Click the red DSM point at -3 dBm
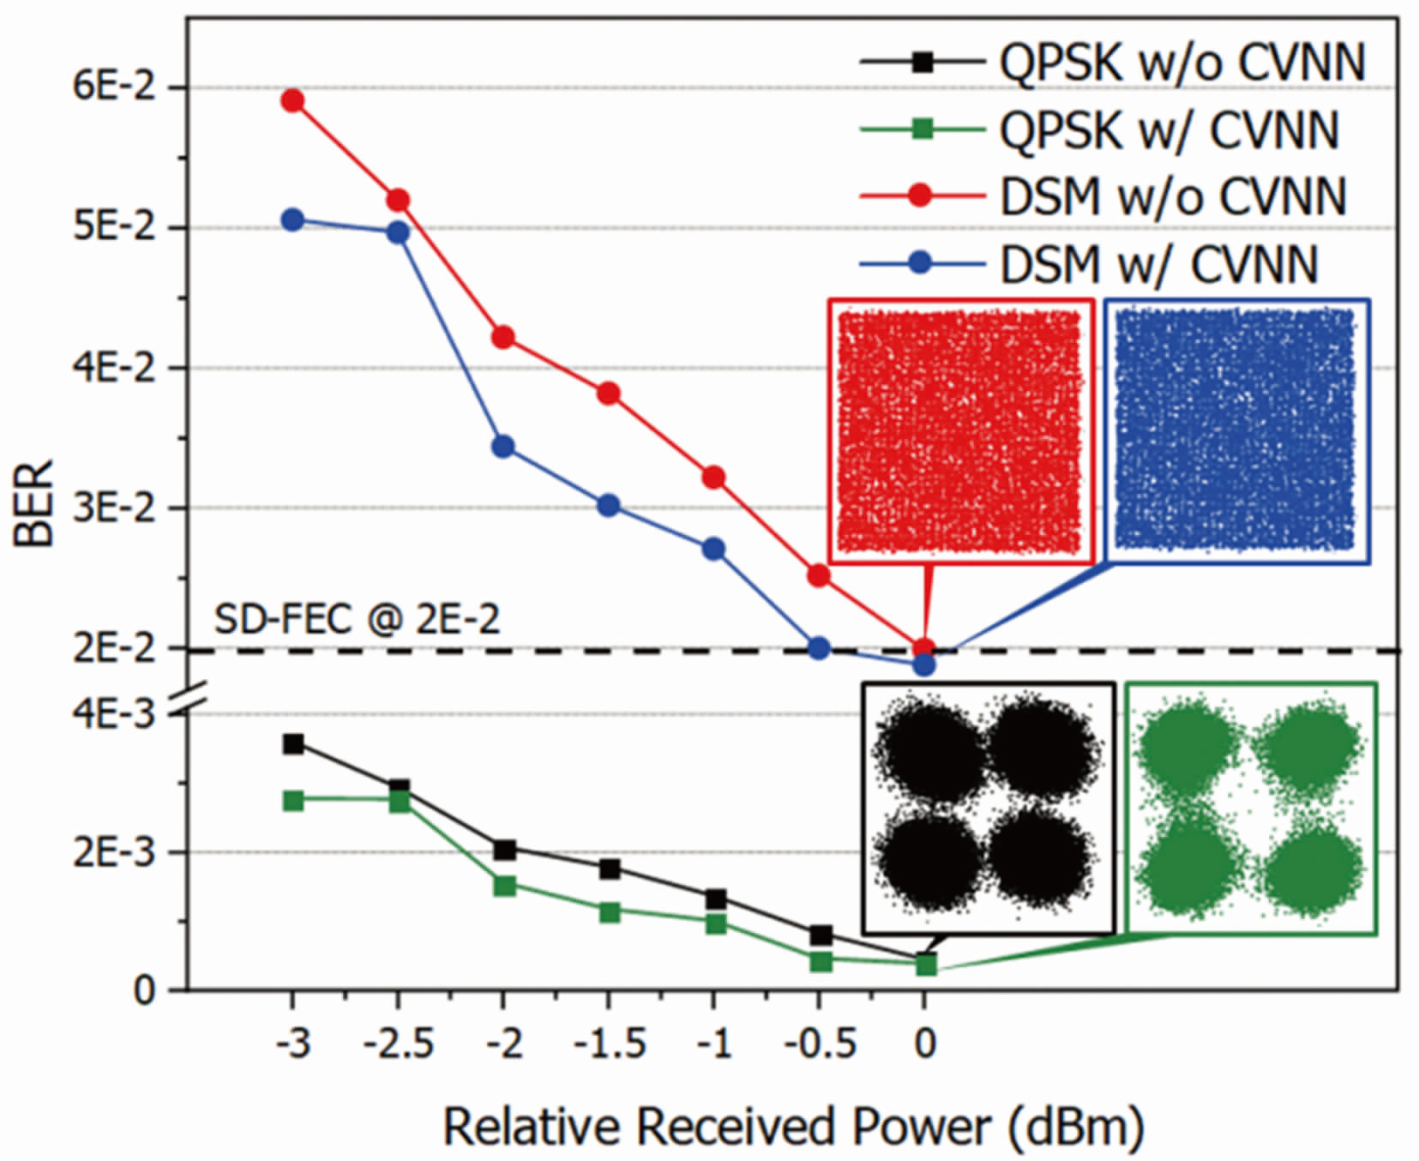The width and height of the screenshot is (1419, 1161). coord(293,101)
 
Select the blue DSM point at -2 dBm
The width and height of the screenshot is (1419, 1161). coord(503,447)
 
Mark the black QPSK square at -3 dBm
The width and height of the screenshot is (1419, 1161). coord(293,744)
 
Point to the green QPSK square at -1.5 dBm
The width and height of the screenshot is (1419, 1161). coord(610,911)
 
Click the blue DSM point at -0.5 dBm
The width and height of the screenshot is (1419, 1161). coord(819,648)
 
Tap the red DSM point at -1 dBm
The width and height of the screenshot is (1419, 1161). coord(713,478)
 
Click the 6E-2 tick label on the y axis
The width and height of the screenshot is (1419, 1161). coord(114,87)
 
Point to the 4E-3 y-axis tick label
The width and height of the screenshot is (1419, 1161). coord(114,713)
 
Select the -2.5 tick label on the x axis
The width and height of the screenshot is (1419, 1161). coord(398,1044)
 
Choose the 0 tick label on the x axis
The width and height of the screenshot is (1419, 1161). coord(924,1044)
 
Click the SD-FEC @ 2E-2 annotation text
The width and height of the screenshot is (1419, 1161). coord(356,619)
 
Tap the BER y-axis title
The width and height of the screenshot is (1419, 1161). coord(34,504)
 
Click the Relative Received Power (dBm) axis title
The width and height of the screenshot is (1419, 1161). coord(792,1125)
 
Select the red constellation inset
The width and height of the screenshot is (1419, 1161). coord(961,431)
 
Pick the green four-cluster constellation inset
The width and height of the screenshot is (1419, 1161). coord(1251,808)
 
